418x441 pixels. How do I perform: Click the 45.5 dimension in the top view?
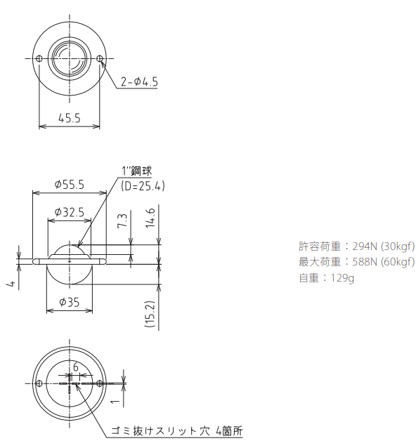(69, 118)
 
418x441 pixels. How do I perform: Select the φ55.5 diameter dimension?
(69, 185)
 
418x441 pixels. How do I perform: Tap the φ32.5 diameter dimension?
(69, 211)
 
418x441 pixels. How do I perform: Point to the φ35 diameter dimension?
(69, 303)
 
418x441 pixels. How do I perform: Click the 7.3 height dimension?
(122, 222)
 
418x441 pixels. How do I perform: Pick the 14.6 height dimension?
(150, 224)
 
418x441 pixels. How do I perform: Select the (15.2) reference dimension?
(150, 313)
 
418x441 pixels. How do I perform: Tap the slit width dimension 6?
(76, 366)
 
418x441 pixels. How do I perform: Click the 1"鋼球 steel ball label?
(136, 171)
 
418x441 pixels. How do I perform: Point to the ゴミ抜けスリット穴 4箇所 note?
(176, 430)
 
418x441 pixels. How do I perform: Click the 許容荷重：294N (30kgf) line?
(356, 246)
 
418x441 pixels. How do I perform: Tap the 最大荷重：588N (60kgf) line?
(356, 262)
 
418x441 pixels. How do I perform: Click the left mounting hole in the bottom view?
(39, 383)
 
